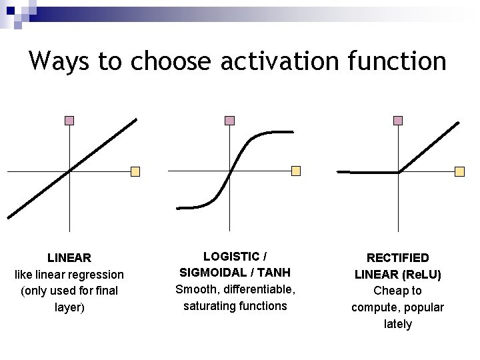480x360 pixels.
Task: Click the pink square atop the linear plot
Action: pyautogui.click(x=69, y=121)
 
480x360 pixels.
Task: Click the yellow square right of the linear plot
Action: pyautogui.click(x=135, y=171)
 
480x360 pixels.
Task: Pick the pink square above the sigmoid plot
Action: pyautogui.click(x=229, y=121)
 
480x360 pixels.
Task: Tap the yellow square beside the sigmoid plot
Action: pyautogui.click(x=296, y=171)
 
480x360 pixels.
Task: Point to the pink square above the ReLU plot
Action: pyautogui.click(x=398, y=121)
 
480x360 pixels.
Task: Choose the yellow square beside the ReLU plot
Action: pyautogui.click(x=459, y=171)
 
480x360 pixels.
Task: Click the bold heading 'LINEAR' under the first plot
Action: pyautogui.click(x=69, y=257)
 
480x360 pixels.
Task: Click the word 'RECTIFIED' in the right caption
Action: pyautogui.click(x=397, y=257)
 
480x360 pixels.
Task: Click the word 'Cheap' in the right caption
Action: pyautogui.click(x=389, y=291)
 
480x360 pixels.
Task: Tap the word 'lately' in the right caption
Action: pyautogui.click(x=397, y=324)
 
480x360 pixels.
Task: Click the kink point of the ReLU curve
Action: pyautogui.click(x=398, y=173)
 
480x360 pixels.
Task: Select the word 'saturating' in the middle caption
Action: pyautogui.click(x=211, y=306)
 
